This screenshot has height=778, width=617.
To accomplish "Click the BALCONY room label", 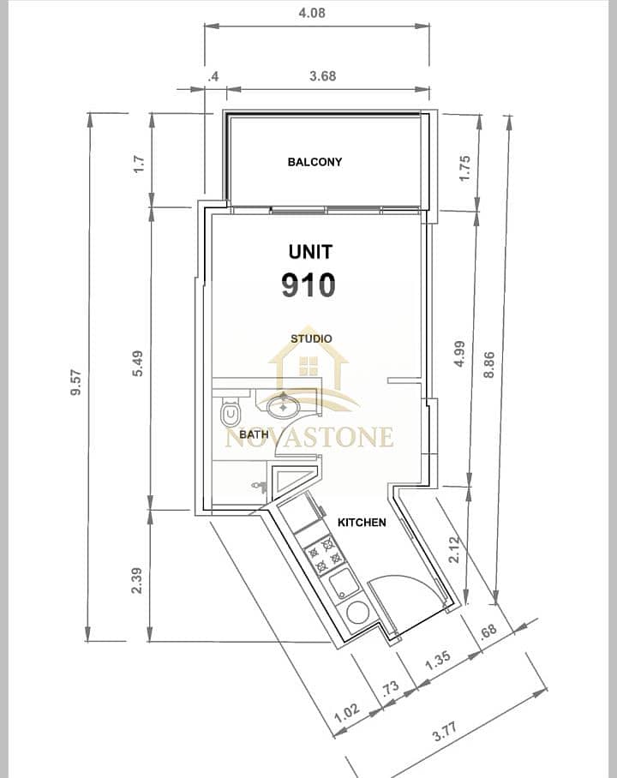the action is (314, 162).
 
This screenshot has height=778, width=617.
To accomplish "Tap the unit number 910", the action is (308, 284).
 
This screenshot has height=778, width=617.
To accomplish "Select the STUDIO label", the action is (311, 339).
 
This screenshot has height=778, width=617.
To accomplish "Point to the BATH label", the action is (254, 434).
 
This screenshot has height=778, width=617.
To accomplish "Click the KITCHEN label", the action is (362, 523).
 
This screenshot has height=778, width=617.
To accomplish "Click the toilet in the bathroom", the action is (230, 410).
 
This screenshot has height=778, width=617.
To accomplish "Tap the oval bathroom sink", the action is (283, 407).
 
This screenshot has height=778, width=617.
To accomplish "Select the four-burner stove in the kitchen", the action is (325, 554).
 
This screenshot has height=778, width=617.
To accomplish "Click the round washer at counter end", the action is (357, 613).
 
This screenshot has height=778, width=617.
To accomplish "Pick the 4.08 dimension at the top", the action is (312, 12).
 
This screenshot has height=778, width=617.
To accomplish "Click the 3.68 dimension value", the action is (323, 76).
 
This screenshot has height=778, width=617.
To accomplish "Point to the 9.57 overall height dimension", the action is (76, 382).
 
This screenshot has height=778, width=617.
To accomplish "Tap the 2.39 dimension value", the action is (136, 581).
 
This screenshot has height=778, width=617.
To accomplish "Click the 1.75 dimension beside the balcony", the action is (464, 169).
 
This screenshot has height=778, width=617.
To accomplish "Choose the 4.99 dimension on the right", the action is (460, 353).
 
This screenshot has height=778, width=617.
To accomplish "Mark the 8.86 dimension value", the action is (489, 364).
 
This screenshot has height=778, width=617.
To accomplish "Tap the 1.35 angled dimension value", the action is (438, 661).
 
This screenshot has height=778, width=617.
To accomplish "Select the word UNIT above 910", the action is (310, 252).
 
